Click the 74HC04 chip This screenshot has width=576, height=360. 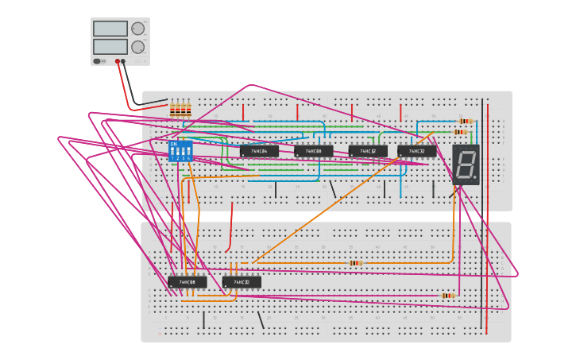coord(259,151)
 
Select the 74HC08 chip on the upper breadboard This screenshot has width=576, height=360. coord(313,151)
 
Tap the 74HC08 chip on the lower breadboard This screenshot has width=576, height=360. coord(187,282)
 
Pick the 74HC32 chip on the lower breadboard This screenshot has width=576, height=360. coord(242,282)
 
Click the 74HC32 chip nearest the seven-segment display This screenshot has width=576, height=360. coord(416,151)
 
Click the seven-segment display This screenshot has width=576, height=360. coord(466,165)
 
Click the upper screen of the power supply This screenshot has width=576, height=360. coord(110,29)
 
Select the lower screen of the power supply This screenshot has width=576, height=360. coord(110,47)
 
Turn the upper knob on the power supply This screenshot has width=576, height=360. coord(138,29)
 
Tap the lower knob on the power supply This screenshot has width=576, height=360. coord(138,47)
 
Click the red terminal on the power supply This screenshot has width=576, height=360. coord(117,61)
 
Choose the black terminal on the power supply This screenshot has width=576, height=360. coord(123,61)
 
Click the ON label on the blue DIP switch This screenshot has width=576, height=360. coord(174,144)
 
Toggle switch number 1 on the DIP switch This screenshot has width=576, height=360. coord(172,151)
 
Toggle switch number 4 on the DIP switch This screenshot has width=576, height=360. coord(188,151)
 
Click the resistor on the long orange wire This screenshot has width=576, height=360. coord(356,263)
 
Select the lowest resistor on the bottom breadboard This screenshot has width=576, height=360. coord(448,296)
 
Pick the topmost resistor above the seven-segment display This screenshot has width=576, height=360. coord(465,121)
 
